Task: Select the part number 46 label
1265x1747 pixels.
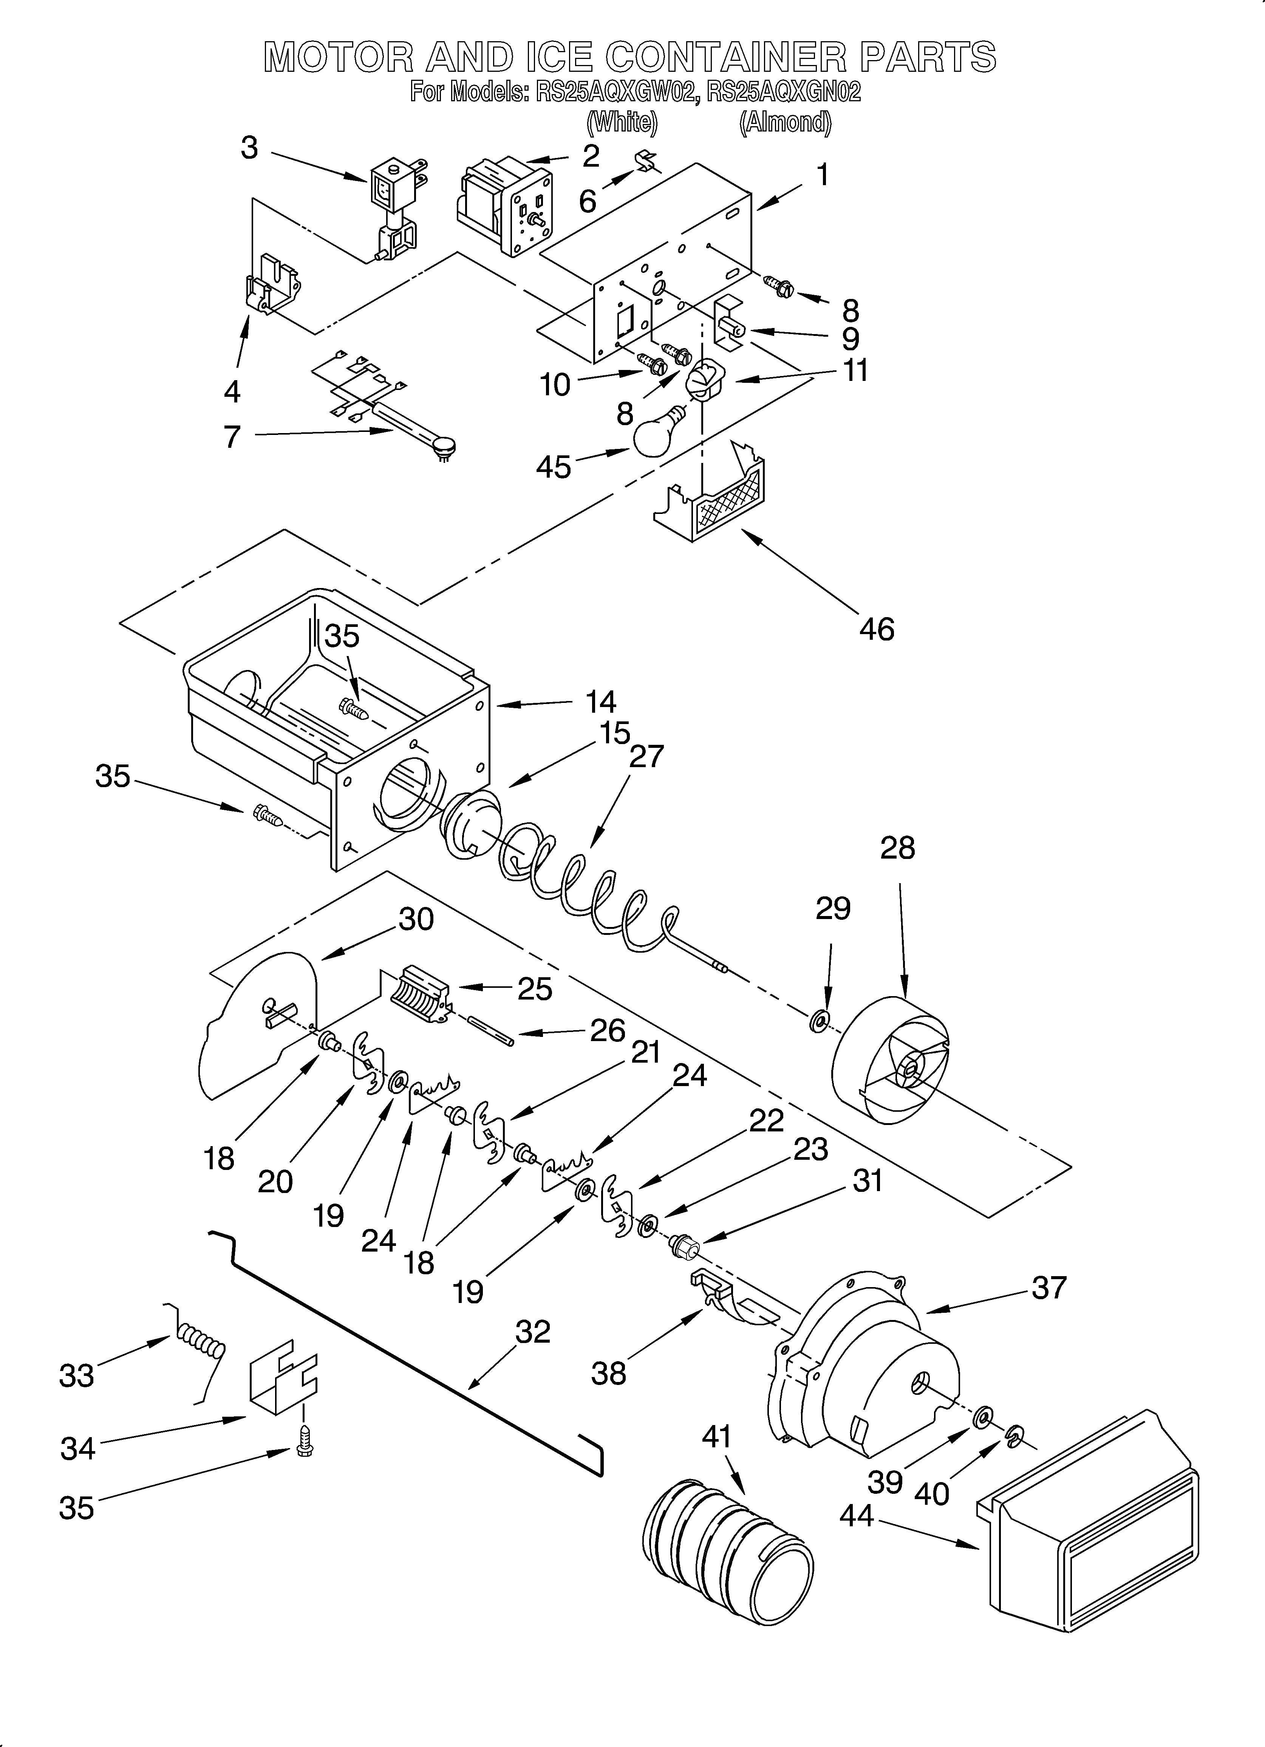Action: pyautogui.click(x=877, y=629)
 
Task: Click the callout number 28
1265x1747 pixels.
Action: pyautogui.click(x=897, y=848)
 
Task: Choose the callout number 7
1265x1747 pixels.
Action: pyautogui.click(x=232, y=437)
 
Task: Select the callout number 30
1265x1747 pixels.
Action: pyautogui.click(x=416, y=919)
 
